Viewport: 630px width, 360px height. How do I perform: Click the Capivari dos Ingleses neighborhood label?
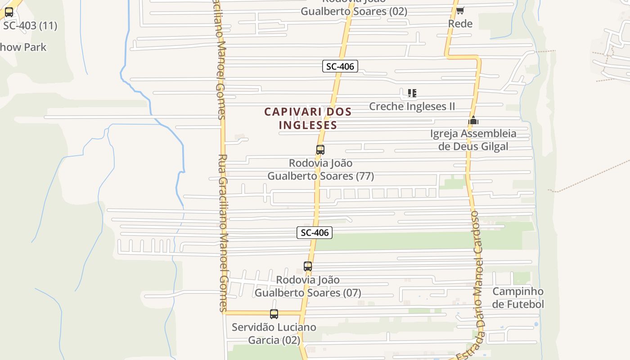pyautogui.click(x=307, y=118)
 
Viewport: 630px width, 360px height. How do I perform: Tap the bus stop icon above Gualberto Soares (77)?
pyautogui.click(x=320, y=150)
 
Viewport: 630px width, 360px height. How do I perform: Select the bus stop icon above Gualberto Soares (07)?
pyautogui.click(x=308, y=266)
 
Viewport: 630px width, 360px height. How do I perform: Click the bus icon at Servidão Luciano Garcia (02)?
pyautogui.click(x=274, y=314)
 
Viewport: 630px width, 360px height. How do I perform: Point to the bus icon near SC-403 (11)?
pyautogui.click(x=9, y=12)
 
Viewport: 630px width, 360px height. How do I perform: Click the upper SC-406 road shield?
pyautogui.click(x=340, y=67)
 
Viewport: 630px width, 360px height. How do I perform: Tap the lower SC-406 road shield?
pyautogui.click(x=315, y=233)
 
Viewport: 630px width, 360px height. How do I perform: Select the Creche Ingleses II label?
pyautogui.click(x=412, y=106)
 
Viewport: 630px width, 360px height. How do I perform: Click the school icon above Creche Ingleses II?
pyautogui.click(x=412, y=93)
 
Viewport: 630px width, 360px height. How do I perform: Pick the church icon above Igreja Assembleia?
pyautogui.click(x=473, y=120)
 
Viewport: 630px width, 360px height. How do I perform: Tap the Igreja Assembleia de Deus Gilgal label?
pyautogui.click(x=473, y=140)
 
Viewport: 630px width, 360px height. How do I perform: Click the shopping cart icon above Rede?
pyautogui.click(x=460, y=10)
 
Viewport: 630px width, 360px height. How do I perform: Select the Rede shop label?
pyautogui.click(x=460, y=23)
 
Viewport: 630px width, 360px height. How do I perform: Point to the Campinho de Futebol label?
pyautogui.click(x=518, y=297)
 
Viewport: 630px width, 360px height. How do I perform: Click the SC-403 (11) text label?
pyautogui.click(x=30, y=26)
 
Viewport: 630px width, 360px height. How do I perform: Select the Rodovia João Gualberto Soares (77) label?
pyautogui.click(x=320, y=169)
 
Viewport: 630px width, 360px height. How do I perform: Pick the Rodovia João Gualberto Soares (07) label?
pyautogui.click(x=308, y=286)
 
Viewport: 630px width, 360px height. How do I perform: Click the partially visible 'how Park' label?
pyautogui.click(x=23, y=47)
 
